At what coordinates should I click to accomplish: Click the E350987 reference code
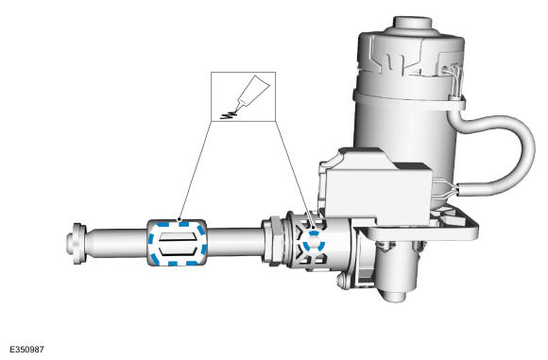coord(26,350)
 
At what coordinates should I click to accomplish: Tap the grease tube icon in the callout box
coord(252,93)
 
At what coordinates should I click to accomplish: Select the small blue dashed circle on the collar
coord(314,242)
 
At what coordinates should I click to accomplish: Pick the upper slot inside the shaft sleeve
coord(177,236)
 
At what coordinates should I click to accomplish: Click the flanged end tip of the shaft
coord(77,243)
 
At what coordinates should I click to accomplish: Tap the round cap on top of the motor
coord(413,25)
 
